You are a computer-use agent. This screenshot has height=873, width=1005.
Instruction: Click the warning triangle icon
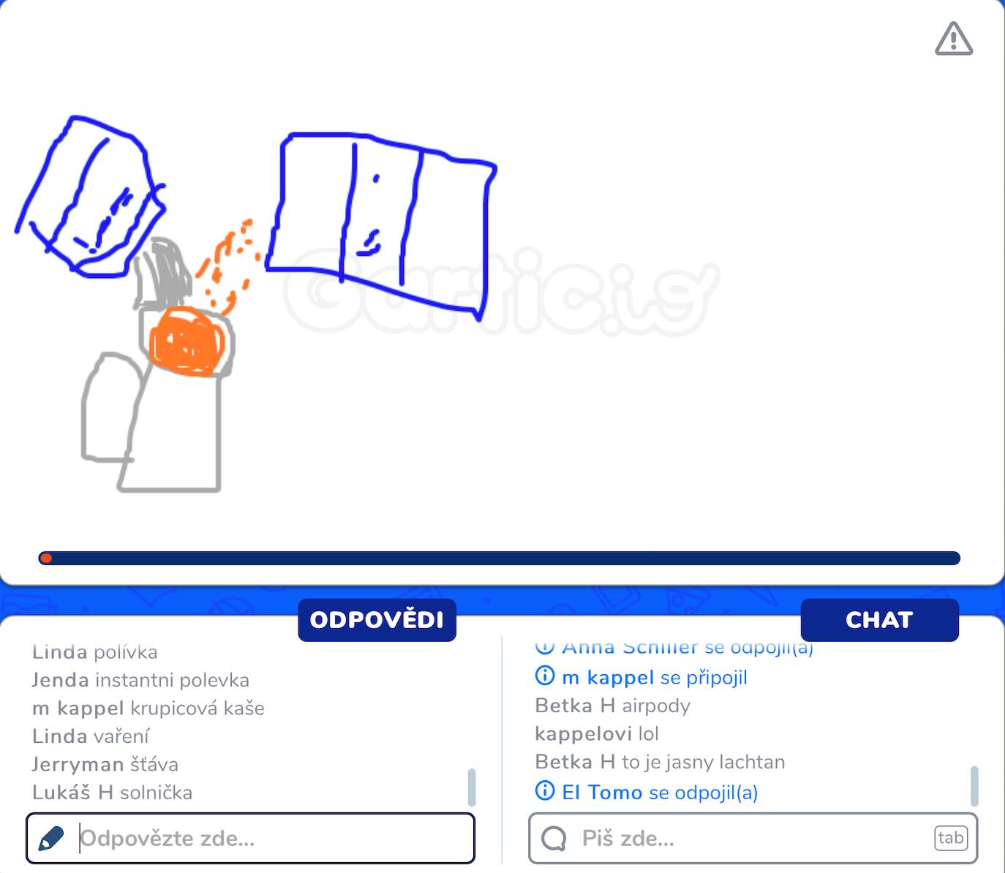pyautogui.click(x=954, y=39)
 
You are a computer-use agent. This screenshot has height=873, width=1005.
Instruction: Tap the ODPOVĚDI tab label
pyautogui.click(x=377, y=620)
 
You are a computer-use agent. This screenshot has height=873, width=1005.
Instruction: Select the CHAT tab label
pyautogui.click(x=879, y=620)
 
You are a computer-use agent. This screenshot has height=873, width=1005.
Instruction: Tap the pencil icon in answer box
pyautogui.click(x=50, y=838)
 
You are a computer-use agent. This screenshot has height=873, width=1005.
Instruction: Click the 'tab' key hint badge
pyautogui.click(x=950, y=838)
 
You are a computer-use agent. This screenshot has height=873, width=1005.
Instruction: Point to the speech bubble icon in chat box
pyautogui.click(x=554, y=838)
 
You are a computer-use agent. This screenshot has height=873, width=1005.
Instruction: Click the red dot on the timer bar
pyautogui.click(x=46, y=559)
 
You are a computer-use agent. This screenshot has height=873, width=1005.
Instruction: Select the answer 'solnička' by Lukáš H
pyautogui.click(x=156, y=793)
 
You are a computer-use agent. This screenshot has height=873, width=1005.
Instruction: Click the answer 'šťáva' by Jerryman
pyautogui.click(x=154, y=765)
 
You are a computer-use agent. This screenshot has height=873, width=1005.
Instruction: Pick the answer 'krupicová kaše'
pyautogui.click(x=197, y=708)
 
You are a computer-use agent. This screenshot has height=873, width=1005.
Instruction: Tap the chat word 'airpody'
pyautogui.click(x=655, y=706)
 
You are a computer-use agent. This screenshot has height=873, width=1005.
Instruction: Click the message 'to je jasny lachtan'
pyautogui.click(x=703, y=762)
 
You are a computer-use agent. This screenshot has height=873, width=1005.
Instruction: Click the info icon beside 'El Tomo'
pyautogui.click(x=545, y=791)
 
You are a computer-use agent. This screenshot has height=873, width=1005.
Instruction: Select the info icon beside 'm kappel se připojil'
pyautogui.click(x=545, y=676)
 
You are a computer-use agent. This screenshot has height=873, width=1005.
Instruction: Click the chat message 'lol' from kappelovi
pyautogui.click(x=648, y=733)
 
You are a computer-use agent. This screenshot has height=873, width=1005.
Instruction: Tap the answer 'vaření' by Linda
pyautogui.click(x=121, y=736)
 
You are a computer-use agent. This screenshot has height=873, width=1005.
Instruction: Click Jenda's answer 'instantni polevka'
pyautogui.click(x=172, y=680)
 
